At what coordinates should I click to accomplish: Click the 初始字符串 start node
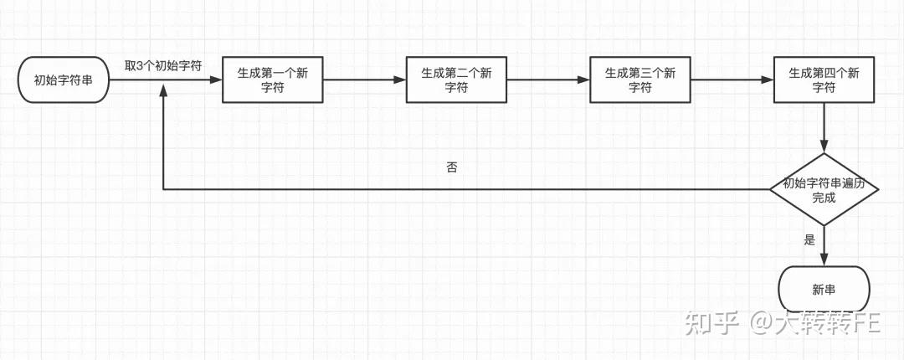pos(64,80)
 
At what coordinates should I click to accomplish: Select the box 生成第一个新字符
pos(272,80)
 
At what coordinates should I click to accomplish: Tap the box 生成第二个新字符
pos(456,80)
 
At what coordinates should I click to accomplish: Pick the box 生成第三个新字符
pos(640,80)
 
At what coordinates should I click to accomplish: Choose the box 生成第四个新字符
pos(824,80)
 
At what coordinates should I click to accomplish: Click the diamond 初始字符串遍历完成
pos(824,189)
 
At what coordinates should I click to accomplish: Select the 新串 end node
pos(824,290)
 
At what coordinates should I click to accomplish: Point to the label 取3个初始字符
pos(163,65)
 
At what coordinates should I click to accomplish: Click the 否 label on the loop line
pos(452,167)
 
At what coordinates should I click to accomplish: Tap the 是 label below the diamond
pos(809,239)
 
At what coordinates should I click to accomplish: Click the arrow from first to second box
pos(363,80)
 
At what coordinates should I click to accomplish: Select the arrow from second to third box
pos(547,80)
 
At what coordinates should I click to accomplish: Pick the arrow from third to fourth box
pos(732,80)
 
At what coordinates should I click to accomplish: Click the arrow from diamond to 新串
pos(824,246)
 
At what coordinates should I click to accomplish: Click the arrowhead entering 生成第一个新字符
pos(216,80)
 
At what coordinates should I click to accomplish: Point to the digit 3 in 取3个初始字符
pos(140,65)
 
